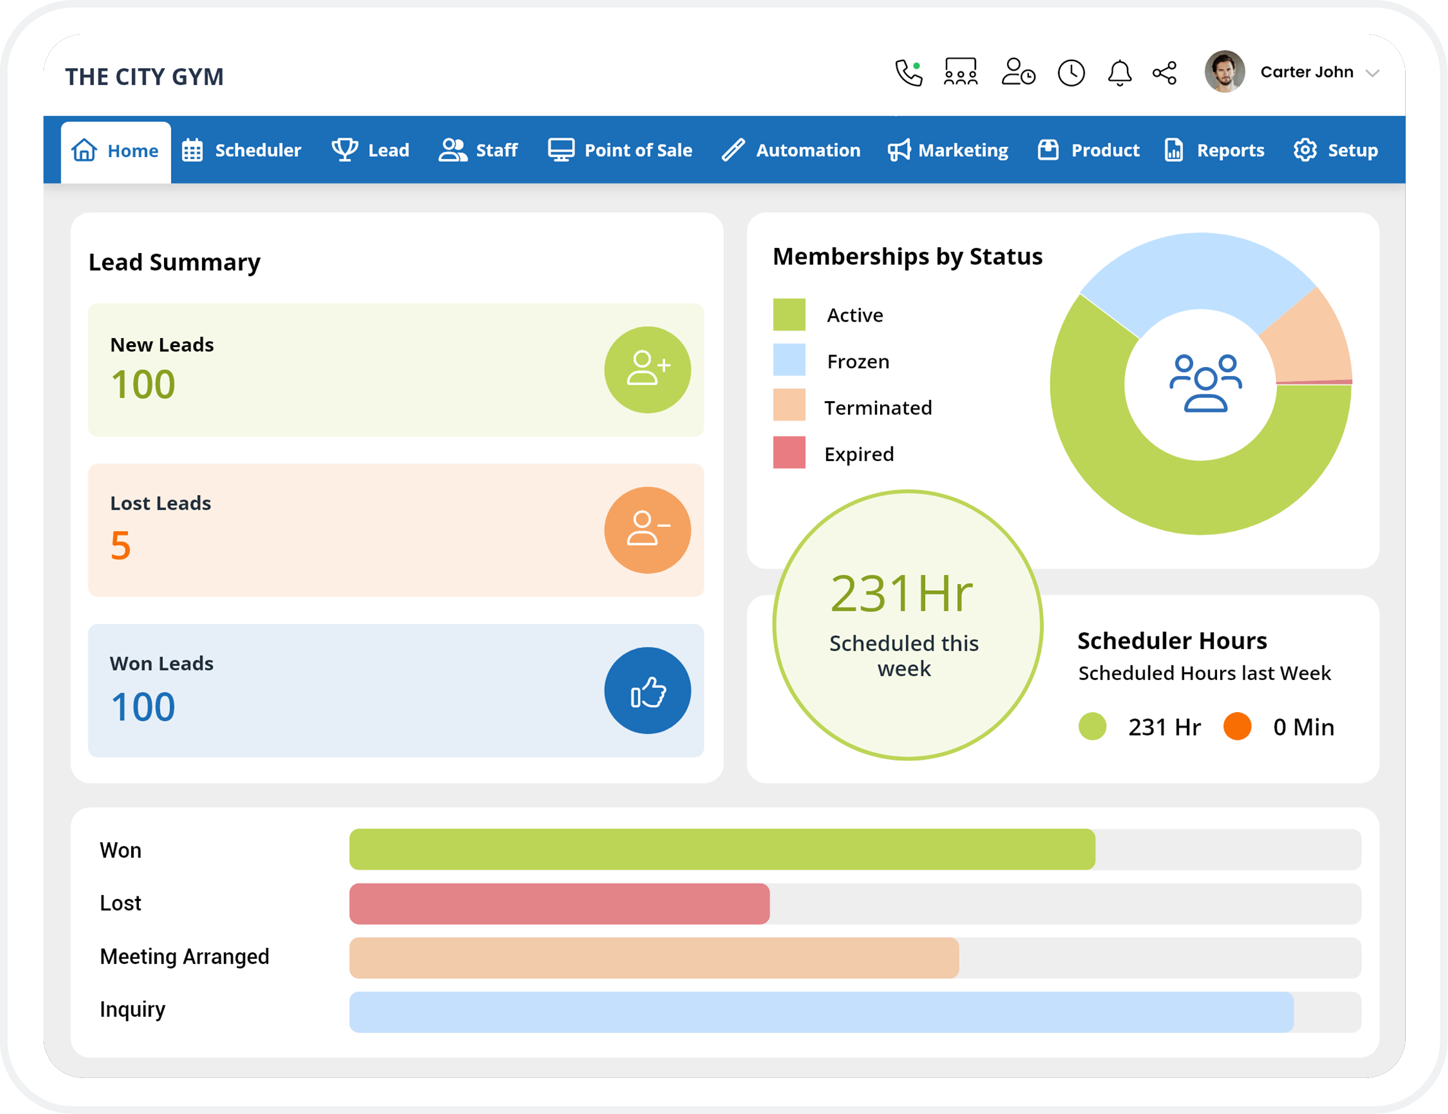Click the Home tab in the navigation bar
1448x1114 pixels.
point(116,151)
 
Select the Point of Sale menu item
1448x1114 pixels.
point(620,151)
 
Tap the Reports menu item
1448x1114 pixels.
point(1214,151)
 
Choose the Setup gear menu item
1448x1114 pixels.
point(1335,151)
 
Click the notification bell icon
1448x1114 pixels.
point(1119,73)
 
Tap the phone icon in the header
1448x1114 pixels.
point(909,73)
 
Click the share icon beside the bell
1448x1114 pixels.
point(1164,73)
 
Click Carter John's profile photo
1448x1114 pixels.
point(1224,71)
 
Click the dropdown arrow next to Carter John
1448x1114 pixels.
point(1372,74)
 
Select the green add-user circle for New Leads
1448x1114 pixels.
point(647,370)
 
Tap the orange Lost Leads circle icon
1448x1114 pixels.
point(647,530)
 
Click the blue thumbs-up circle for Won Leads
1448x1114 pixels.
point(647,691)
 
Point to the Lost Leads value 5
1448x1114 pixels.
point(121,546)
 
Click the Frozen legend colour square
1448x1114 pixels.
point(789,360)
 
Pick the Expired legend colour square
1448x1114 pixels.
point(789,453)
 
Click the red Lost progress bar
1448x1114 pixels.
point(559,904)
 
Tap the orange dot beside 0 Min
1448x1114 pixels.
point(1237,726)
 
